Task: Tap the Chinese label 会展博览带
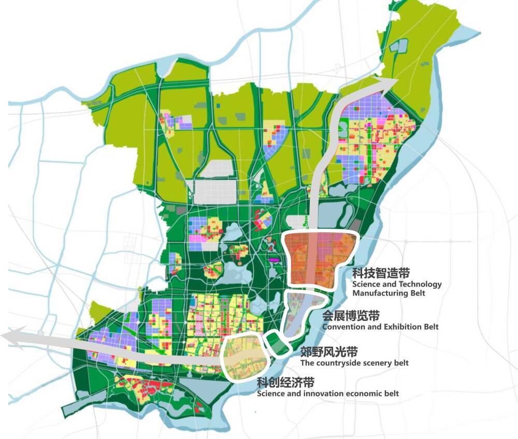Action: pyautogui.click(x=351, y=316)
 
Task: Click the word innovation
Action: pyautogui.click(x=320, y=393)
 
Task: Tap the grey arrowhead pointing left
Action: pyautogui.click(x=10, y=337)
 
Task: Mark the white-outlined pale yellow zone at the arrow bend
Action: pyautogui.click(x=244, y=358)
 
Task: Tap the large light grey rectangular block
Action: pyautogui.click(x=214, y=191)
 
